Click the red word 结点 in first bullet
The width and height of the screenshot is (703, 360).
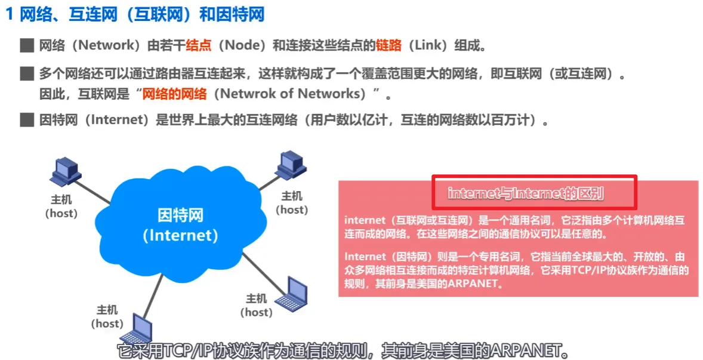coord(198,45)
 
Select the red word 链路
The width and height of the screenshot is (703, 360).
coord(389,45)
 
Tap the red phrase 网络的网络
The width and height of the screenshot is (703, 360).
coord(174,94)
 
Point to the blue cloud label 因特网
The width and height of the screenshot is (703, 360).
coord(181,216)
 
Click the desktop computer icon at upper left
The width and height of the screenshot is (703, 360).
coord(66,172)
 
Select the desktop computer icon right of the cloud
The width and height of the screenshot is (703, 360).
coord(291,165)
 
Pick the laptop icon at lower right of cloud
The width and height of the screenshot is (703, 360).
coord(291,292)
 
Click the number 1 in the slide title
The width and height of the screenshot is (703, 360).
coord(11,16)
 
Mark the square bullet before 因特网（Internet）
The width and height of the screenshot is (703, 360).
coord(27,120)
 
